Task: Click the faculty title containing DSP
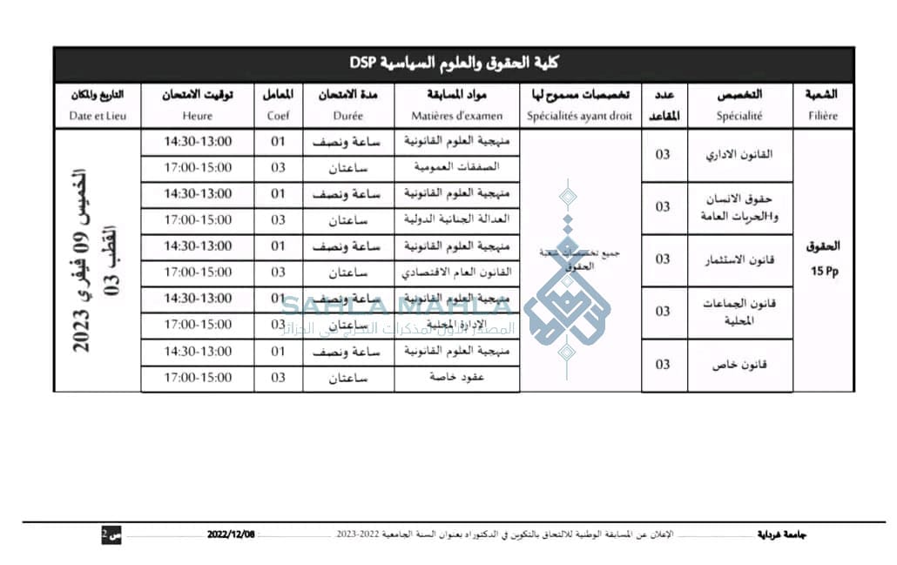point(453,64)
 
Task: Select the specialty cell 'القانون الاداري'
point(739,154)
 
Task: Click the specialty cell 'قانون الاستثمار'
point(739,259)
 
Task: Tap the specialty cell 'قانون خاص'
point(739,365)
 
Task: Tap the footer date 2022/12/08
point(234,534)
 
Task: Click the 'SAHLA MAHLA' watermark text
point(396,306)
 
